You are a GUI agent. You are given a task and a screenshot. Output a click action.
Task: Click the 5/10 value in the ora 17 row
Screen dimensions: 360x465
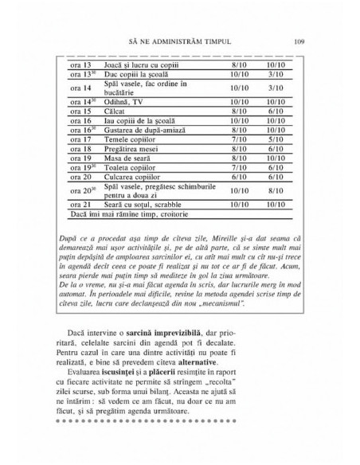276,139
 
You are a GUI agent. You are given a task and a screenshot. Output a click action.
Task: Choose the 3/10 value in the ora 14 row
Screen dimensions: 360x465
276,88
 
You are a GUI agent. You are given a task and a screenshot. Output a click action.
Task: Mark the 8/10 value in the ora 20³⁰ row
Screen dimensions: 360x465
276,191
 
